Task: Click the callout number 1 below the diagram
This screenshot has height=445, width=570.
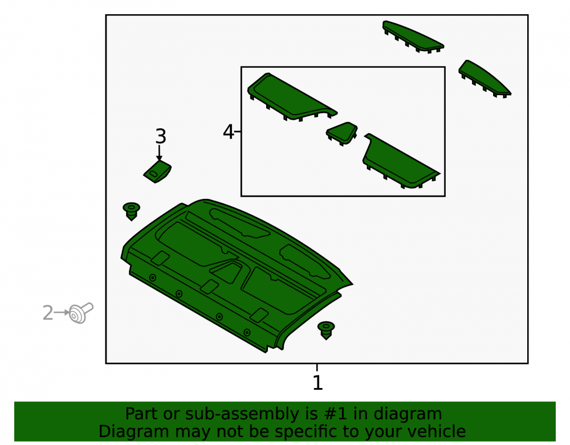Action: click(317, 382)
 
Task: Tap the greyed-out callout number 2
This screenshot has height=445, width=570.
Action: click(48, 313)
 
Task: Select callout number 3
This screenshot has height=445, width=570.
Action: click(161, 136)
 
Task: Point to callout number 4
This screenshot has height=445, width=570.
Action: click(229, 132)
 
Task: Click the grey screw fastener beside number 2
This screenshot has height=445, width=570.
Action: click(82, 313)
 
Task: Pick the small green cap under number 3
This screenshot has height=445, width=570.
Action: click(157, 172)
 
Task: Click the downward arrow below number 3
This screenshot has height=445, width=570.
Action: click(159, 153)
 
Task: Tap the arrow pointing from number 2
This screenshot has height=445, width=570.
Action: click(62, 312)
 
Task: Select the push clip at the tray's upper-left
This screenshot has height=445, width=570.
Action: click(131, 211)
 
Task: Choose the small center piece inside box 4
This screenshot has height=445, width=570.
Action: click(341, 133)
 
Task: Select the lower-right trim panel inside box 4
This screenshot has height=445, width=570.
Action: click(400, 162)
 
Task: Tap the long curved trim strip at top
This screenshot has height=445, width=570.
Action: click(412, 36)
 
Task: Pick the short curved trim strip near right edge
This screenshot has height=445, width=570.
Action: click(483, 79)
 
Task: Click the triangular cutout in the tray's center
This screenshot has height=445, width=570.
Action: click(226, 271)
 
